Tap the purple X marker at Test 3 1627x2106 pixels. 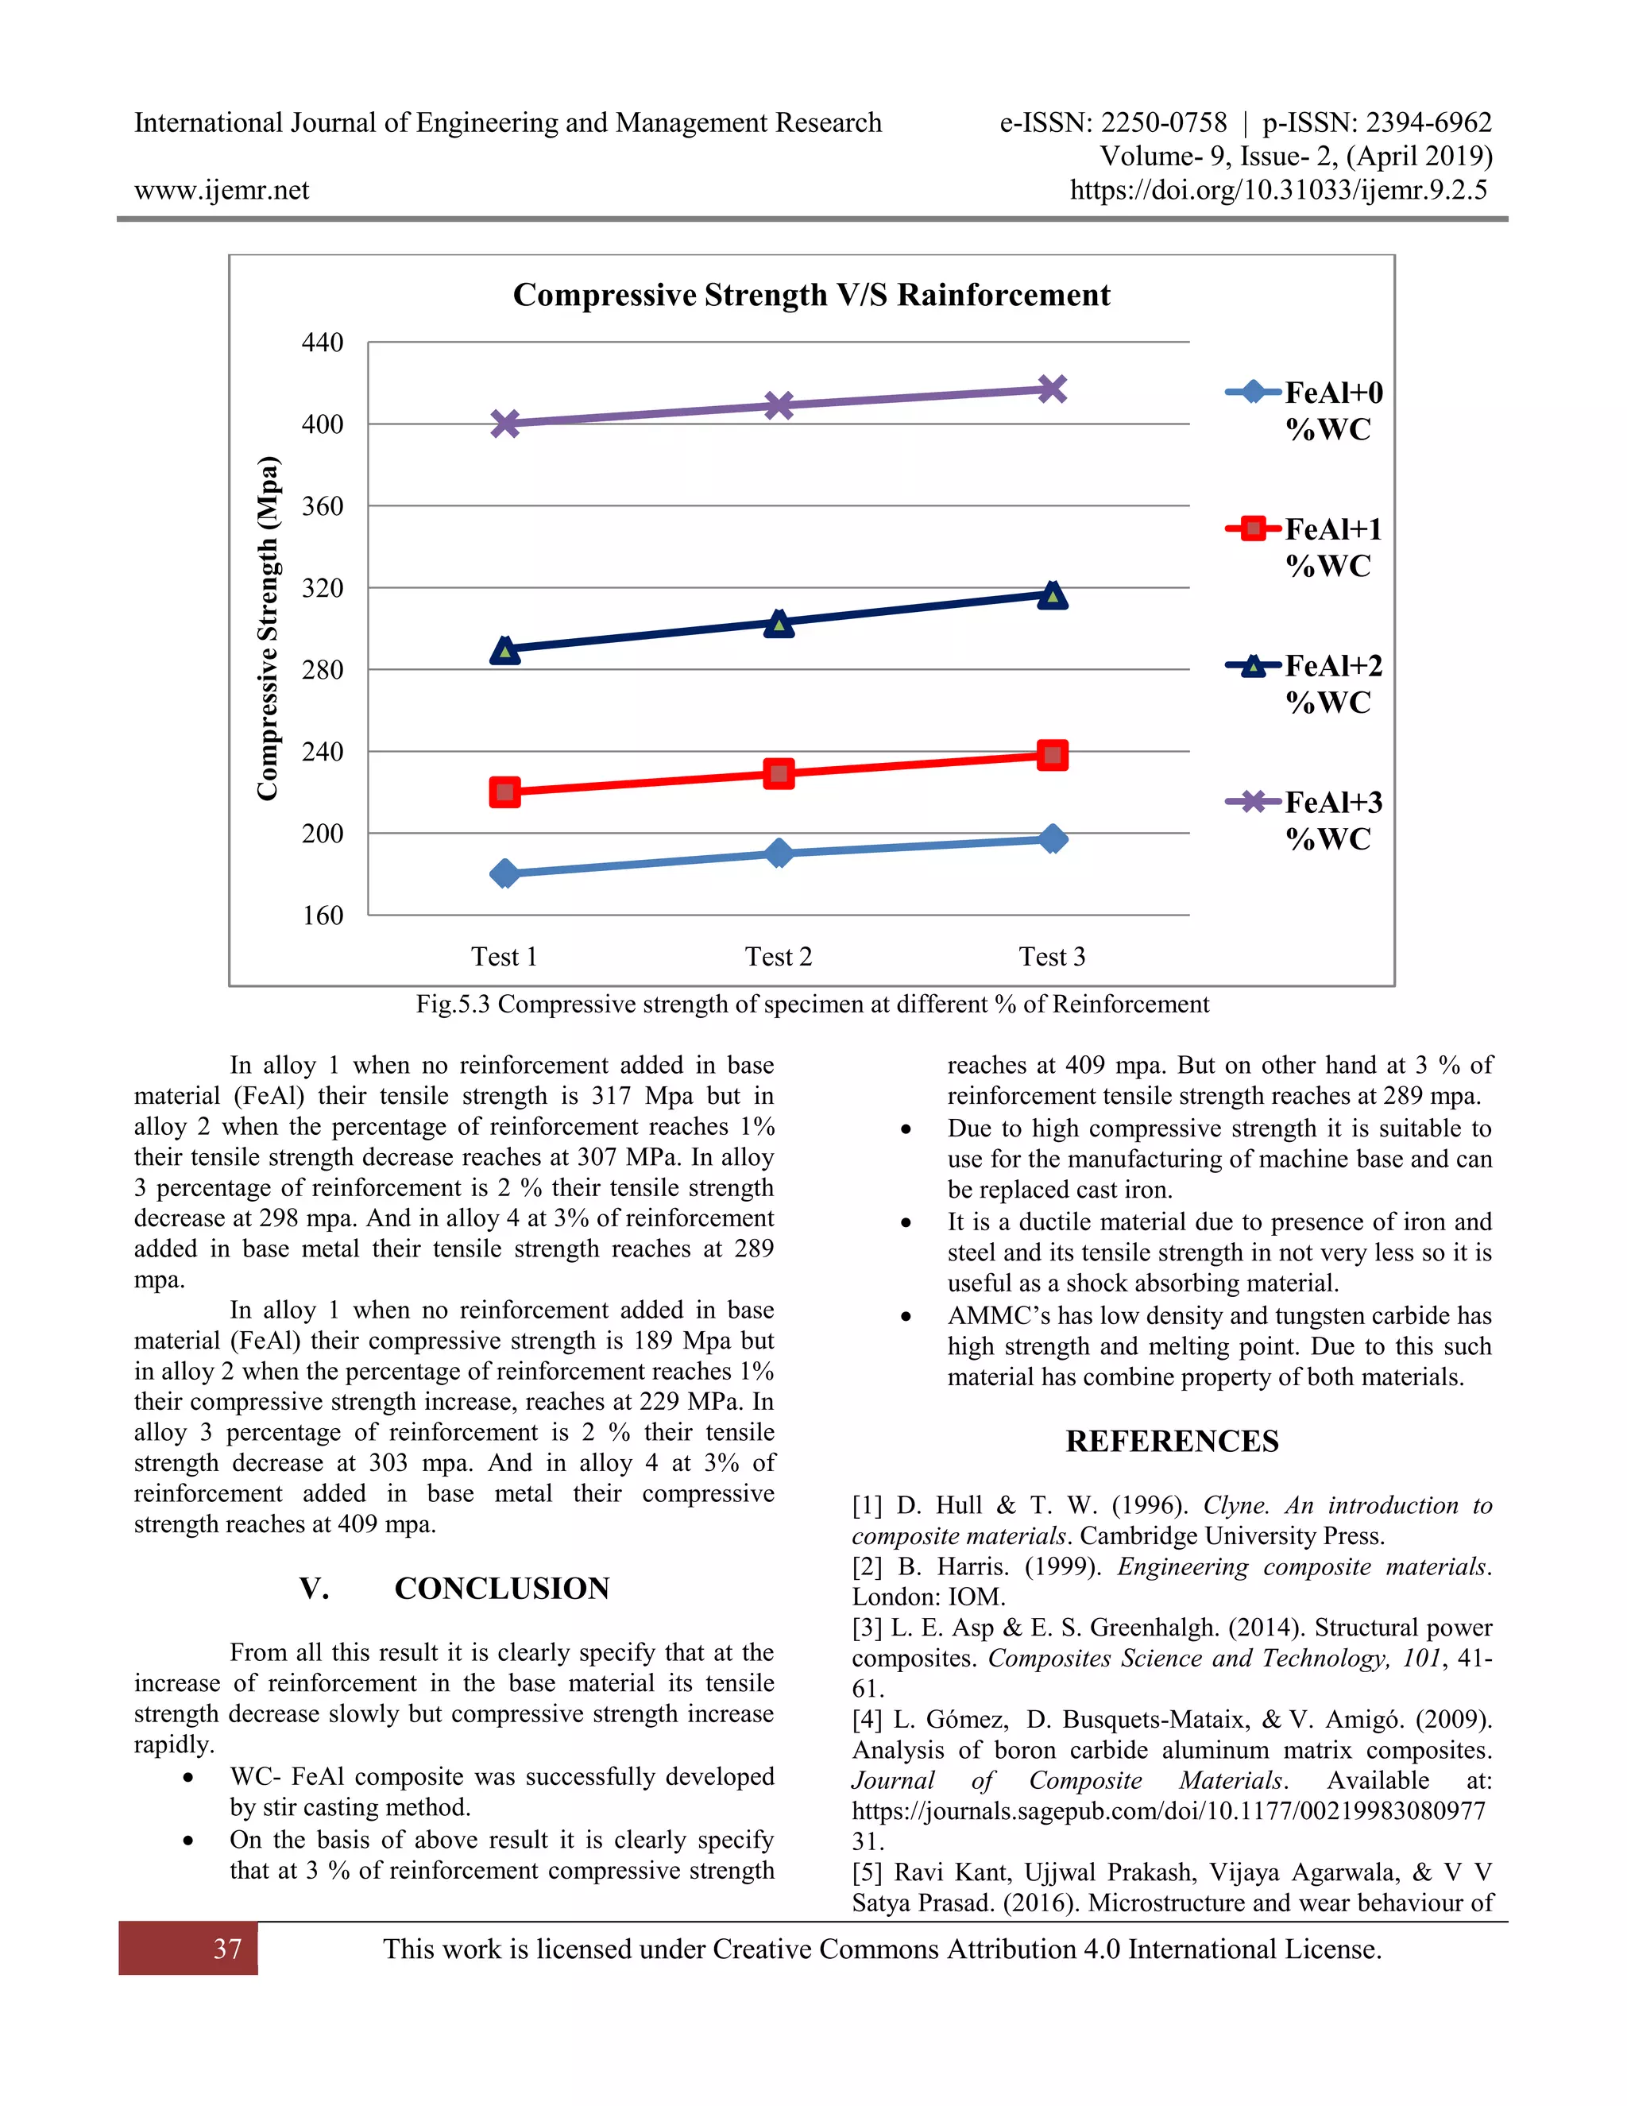click(x=1053, y=389)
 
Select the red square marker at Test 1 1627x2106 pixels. click(x=505, y=792)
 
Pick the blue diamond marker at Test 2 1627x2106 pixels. click(x=779, y=854)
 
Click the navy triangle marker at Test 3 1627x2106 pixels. click(x=1053, y=596)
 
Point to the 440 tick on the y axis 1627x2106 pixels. click(x=322, y=343)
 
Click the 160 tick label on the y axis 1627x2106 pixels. click(x=322, y=915)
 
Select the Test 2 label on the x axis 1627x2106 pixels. click(x=778, y=957)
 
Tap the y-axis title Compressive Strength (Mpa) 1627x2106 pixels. click(x=267, y=628)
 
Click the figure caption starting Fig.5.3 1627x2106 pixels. click(x=812, y=1004)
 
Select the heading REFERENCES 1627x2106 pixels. click(x=1171, y=1441)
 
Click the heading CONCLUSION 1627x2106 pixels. click(x=501, y=1588)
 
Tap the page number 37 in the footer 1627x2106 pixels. click(x=227, y=1949)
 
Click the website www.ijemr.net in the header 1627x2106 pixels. click(x=222, y=190)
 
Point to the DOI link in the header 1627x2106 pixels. click(x=1278, y=190)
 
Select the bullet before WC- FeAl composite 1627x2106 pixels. click(x=188, y=1777)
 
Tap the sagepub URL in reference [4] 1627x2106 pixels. click(x=1168, y=1811)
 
